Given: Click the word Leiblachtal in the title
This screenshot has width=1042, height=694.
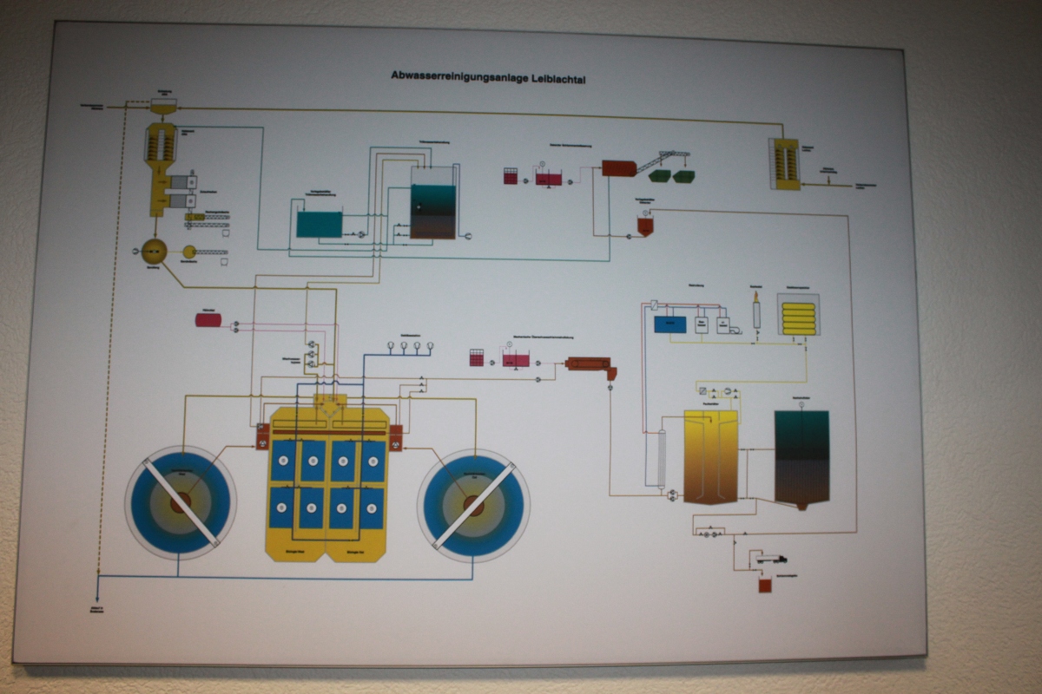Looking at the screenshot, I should pyautogui.click(x=566, y=77).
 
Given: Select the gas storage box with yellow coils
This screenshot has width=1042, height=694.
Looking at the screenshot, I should pyautogui.click(x=798, y=315).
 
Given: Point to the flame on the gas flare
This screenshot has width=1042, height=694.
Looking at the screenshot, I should pyautogui.click(x=756, y=297).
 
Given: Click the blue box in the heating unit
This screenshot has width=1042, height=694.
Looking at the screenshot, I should pyautogui.click(x=669, y=324).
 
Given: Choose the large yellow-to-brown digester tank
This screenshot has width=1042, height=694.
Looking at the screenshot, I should pyautogui.click(x=710, y=456).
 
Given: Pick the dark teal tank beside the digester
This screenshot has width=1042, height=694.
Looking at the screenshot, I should pyautogui.click(x=801, y=457).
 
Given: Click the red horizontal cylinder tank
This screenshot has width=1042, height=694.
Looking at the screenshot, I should pyautogui.click(x=208, y=320).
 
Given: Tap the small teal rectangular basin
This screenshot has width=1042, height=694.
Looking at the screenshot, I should pyautogui.click(x=319, y=224).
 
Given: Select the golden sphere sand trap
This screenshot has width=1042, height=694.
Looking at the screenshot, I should pyautogui.click(x=154, y=251).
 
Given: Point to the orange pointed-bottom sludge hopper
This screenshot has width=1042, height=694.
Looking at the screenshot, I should pyautogui.click(x=645, y=226).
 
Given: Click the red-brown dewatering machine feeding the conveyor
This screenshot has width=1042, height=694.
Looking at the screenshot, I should pyautogui.click(x=618, y=167).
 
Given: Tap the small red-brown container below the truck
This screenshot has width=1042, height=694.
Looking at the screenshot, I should pyautogui.click(x=765, y=586).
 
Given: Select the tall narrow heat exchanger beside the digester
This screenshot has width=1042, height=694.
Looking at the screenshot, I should pyautogui.click(x=661, y=457).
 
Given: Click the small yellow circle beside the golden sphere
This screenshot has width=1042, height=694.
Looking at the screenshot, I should pyautogui.click(x=188, y=252).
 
